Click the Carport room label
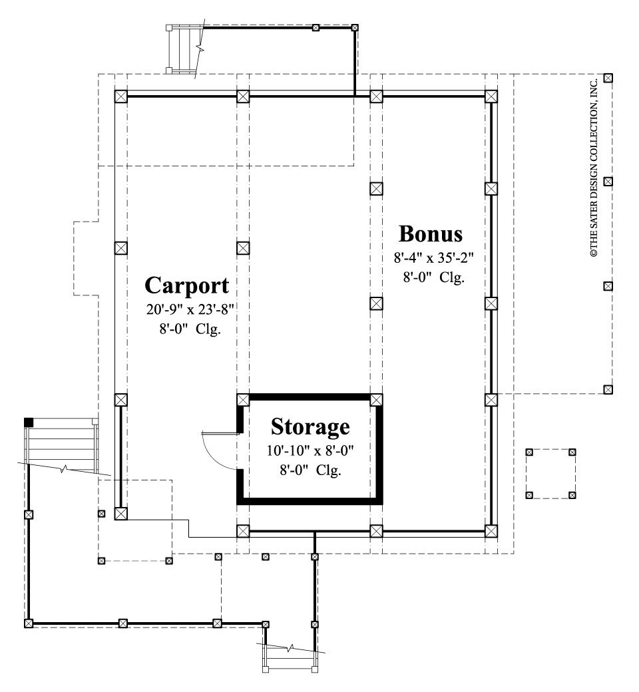(186, 285)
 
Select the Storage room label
(310, 426)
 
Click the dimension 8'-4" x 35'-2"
(433, 257)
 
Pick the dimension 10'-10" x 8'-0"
(310, 450)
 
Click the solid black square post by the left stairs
(29, 422)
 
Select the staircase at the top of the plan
(184, 50)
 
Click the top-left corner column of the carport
(120, 96)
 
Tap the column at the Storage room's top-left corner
(243, 400)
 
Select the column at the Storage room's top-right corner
(377, 400)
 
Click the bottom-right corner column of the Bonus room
(491, 531)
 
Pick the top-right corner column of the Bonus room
(491, 96)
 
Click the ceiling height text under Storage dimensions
(310, 470)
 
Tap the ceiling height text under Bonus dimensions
(433, 278)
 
